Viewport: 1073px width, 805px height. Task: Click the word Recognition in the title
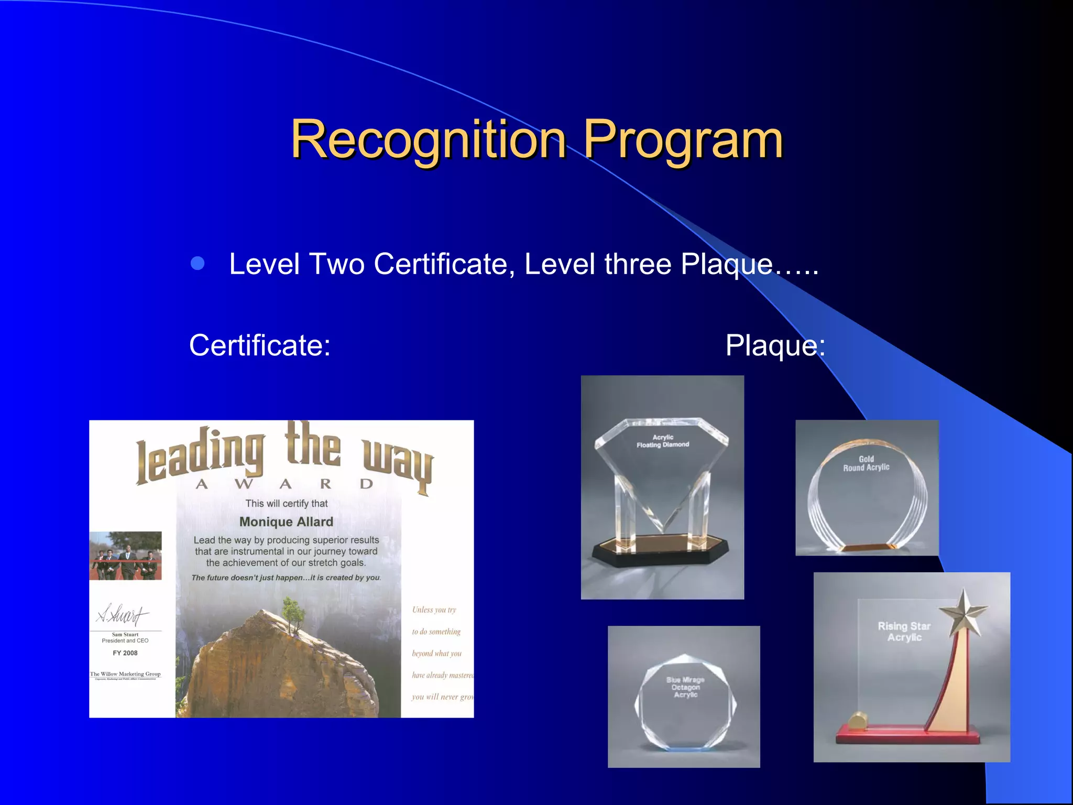[428, 139]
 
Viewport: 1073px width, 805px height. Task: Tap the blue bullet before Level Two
[198, 263]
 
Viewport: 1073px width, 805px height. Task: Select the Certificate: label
[260, 345]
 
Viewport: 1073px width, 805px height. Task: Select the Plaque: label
[775, 345]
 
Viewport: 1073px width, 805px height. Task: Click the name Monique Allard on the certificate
[286, 522]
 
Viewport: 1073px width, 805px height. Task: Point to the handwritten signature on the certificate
[123, 614]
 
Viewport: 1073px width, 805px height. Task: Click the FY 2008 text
[125, 653]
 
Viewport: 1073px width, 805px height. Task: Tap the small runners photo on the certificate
[126, 556]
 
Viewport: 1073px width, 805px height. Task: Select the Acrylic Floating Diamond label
[663, 441]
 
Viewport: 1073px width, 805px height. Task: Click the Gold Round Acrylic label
[866, 463]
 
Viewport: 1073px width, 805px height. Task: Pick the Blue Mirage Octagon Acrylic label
[685, 687]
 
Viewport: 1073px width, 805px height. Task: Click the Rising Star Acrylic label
[904, 632]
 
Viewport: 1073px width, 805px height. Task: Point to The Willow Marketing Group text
[125, 674]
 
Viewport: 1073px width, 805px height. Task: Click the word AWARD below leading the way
[285, 484]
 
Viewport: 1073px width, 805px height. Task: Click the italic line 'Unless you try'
[434, 610]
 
